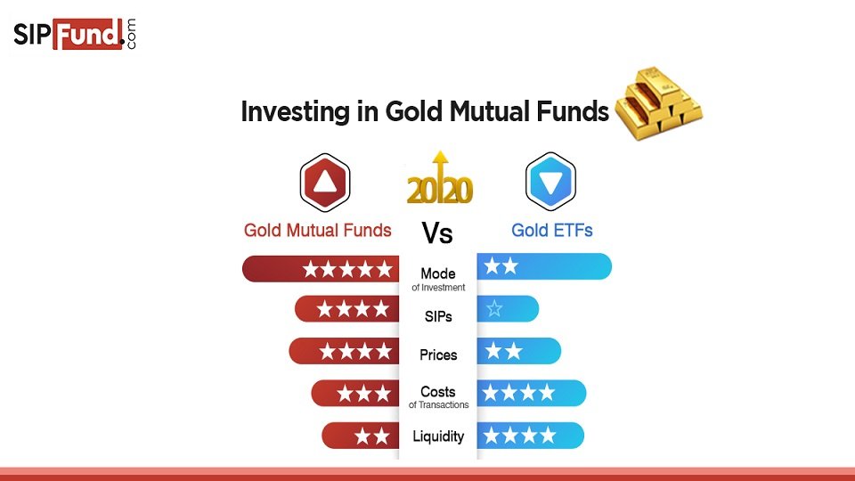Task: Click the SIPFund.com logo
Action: pos(75,35)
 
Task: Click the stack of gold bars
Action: pos(659,103)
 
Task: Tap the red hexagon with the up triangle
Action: pos(325,182)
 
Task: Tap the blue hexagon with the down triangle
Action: pos(550,182)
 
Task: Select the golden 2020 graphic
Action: pos(440,178)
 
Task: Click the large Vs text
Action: pos(437,232)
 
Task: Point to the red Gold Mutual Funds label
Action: pos(317,230)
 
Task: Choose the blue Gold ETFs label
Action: pos(552,230)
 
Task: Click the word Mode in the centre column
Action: pos(438,273)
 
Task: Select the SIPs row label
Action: pos(438,316)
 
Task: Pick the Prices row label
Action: pos(438,355)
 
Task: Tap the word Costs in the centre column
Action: pos(438,392)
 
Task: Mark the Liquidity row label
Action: pos(438,436)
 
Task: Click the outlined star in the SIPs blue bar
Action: pos(494,309)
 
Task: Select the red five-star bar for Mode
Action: pos(321,269)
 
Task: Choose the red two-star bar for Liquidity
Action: pos(361,436)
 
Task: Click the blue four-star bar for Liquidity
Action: pos(531,436)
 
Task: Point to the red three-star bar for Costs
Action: pos(355,393)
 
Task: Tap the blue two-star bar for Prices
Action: pos(519,351)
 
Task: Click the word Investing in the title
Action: pos(295,112)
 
